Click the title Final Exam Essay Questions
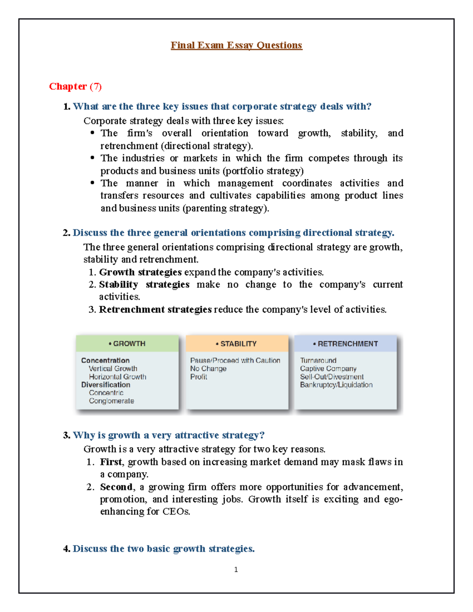[x=236, y=45]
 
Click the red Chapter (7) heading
[x=75, y=86]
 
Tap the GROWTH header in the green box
[x=127, y=344]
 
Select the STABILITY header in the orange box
[x=236, y=344]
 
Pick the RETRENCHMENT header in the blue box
[x=346, y=344]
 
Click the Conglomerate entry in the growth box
[x=111, y=401]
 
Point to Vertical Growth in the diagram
[x=113, y=368]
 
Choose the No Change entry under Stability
[x=208, y=368]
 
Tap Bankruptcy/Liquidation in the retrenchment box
[x=336, y=385]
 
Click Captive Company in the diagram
[x=328, y=368]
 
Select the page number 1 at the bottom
[x=236, y=569]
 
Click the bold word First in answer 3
[x=111, y=461]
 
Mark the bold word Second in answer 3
[x=116, y=487]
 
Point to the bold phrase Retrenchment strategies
[x=155, y=309]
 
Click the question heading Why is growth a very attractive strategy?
[x=168, y=435]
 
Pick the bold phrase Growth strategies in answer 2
[x=140, y=272]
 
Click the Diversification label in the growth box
[x=106, y=385]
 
